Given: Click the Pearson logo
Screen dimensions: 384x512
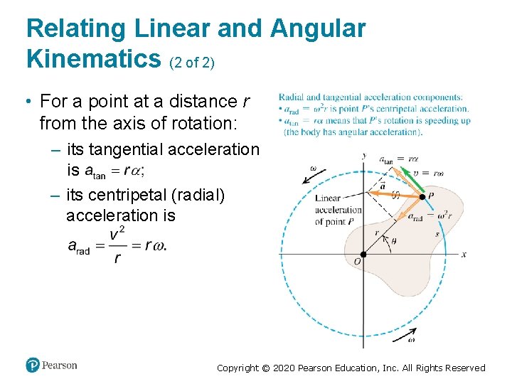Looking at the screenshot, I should coord(51,366).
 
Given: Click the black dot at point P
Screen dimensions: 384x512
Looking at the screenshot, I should coord(422,197).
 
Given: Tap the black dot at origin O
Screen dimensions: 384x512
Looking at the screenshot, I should coord(363,254).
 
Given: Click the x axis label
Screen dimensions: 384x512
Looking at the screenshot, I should coord(463,254).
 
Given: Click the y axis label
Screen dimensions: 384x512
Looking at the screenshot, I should coord(363,156).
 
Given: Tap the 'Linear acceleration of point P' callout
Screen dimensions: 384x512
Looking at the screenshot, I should coord(338,210).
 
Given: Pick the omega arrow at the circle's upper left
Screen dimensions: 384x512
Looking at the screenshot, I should coord(318,173).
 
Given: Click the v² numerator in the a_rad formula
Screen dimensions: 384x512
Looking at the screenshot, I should coord(115,233).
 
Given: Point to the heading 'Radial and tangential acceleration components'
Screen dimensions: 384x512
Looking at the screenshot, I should coord(370,97).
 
